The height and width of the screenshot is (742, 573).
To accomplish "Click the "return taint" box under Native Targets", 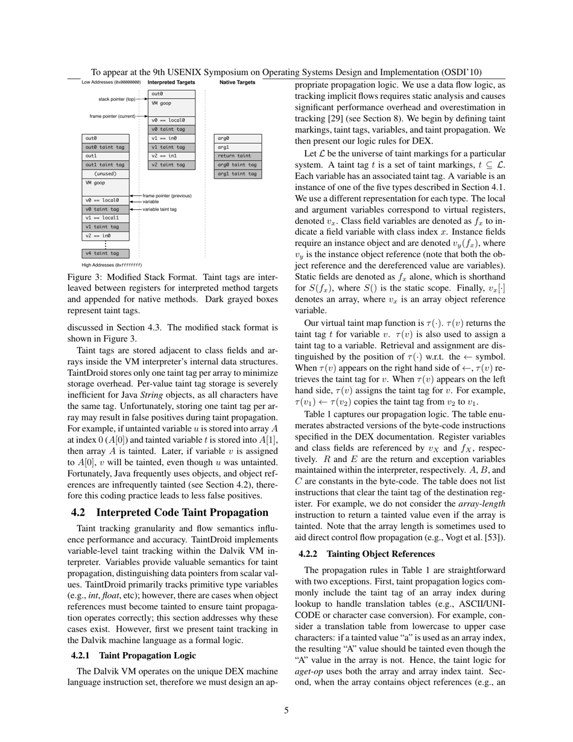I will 237,156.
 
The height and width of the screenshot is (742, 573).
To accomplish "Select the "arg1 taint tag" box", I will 237,174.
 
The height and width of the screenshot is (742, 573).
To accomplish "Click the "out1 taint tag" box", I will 106,164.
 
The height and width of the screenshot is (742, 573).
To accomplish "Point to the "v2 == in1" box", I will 172,156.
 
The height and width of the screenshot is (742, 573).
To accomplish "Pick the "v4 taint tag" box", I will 106,253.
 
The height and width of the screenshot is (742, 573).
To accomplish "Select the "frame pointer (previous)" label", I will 167,195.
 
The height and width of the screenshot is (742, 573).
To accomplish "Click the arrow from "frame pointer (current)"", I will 142,116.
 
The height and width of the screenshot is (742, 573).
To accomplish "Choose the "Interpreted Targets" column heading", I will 171,82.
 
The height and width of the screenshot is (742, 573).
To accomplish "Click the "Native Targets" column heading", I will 237,82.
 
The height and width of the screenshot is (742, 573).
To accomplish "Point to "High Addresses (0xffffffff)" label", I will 112,264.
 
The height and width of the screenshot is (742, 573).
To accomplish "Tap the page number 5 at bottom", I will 286,711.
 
